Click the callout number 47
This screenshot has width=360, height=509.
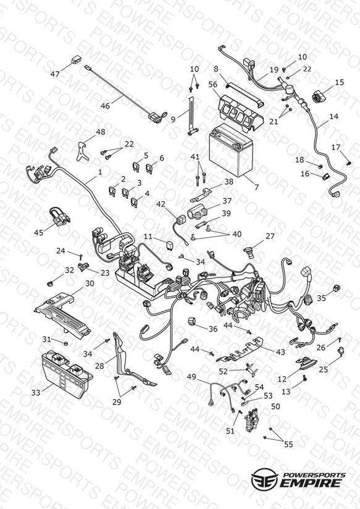click(x=55, y=74)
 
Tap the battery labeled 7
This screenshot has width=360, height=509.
click(x=231, y=150)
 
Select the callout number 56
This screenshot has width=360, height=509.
click(x=213, y=85)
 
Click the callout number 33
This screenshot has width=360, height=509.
click(x=36, y=392)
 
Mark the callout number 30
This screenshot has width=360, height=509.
click(x=90, y=284)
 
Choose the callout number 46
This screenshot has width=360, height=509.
click(x=105, y=106)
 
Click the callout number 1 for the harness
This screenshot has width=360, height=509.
click(x=100, y=172)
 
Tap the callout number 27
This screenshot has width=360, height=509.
click(x=270, y=237)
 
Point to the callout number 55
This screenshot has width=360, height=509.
click(x=288, y=444)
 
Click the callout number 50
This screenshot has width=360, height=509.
click(x=275, y=406)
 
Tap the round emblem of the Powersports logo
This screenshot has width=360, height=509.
click(x=264, y=478)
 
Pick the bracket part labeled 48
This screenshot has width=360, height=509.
click(x=83, y=151)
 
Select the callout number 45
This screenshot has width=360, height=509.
click(x=39, y=232)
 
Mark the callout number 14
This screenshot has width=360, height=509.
click(x=333, y=116)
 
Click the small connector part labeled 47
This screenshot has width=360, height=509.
click(x=76, y=60)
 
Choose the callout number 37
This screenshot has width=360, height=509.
click(x=227, y=201)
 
